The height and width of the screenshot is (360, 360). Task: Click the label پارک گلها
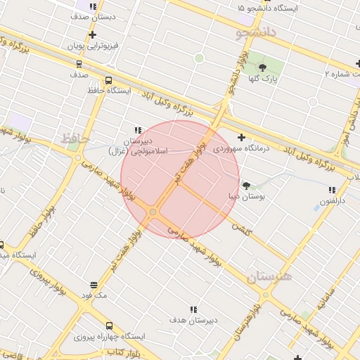point(263,78)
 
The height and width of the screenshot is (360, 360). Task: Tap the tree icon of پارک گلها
point(263,67)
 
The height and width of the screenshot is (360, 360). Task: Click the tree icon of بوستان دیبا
point(247,186)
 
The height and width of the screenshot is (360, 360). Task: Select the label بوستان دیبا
point(247,197)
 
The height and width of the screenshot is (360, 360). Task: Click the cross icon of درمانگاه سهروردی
point(242,137)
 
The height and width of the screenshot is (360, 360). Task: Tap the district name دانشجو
point(257,31)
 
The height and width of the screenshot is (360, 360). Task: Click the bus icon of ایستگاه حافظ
point(108,80)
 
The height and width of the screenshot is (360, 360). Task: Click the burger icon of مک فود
point(94,285)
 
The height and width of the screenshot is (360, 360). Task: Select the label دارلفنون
point(332,200)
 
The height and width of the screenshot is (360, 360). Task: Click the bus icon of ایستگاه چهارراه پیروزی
point(108,326)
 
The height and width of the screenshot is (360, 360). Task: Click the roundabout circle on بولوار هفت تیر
point(153,212)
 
